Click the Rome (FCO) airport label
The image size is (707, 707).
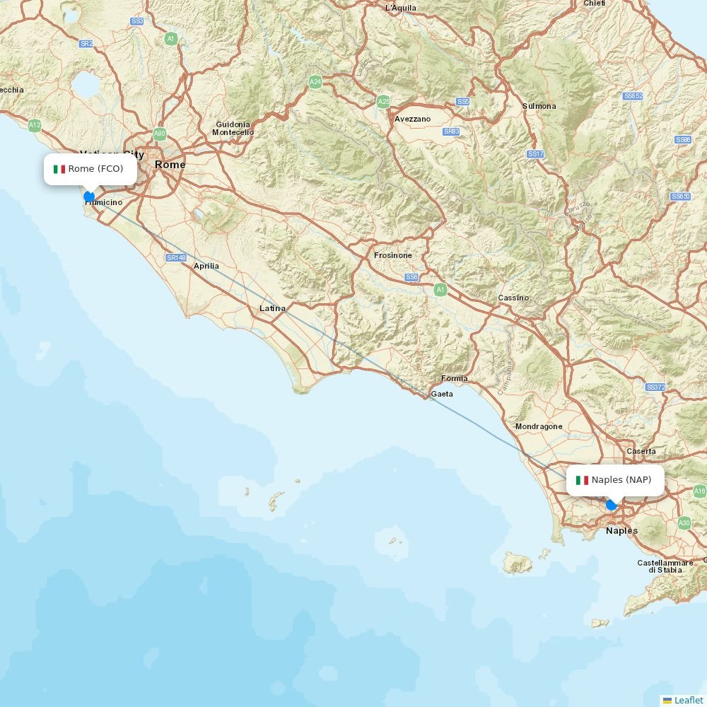pyautogui.click(x=90, y=169)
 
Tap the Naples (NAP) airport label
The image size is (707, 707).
pyautogui.click(x=615, y=480)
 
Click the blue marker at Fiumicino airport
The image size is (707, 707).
pyautogui.click(x=89, y=197)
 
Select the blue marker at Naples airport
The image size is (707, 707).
pyautogui.click(x=612, y=505)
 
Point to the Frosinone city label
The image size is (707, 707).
pyautogui.click(x=393, y=255)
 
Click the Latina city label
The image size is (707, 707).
pyautogui.click(x=272, y=308)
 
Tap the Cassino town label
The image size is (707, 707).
pyautogui.click(x=513, y=298)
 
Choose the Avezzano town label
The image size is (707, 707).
pyautogui.click(x=412, y=119)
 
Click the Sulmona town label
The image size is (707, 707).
pyautogui.click(x=539, y=106)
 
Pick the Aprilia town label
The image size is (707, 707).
pyautogui.click(x=206, y=266)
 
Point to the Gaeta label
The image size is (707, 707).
pyautogui.click(x=442, y=394)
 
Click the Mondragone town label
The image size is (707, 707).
pyautogui.click(x=539, y=426)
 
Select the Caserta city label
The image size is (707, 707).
pyautogui.click(x=641, y=451)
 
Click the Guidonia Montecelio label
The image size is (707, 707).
pyautogui.click(x=233, y=128)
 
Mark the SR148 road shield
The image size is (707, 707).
pyautogui.click(x=176, y=258)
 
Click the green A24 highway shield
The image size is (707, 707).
pyautogui.click(x=315, y=82)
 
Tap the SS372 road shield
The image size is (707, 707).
pyautogui.click(x=655, y=387)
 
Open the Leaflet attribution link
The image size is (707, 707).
pyautogui.click(x=688, y=700)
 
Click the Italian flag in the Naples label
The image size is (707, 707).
pyautogui.click(x=582, y=480)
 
